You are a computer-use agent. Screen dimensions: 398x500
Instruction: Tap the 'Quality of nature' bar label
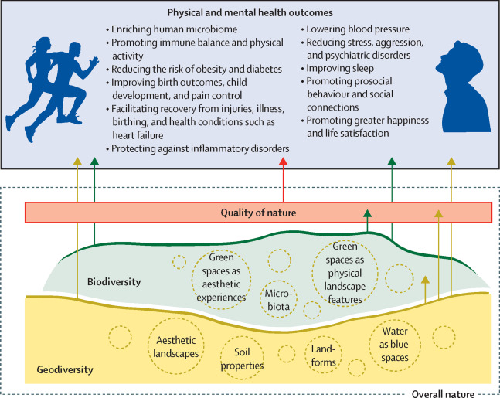coord(259,213)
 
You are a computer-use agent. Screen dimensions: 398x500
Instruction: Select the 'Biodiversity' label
coord(114,282)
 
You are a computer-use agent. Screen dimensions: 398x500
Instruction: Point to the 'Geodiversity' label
coord(65,369)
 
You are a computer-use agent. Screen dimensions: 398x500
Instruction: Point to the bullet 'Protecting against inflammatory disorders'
coord(199,148)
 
